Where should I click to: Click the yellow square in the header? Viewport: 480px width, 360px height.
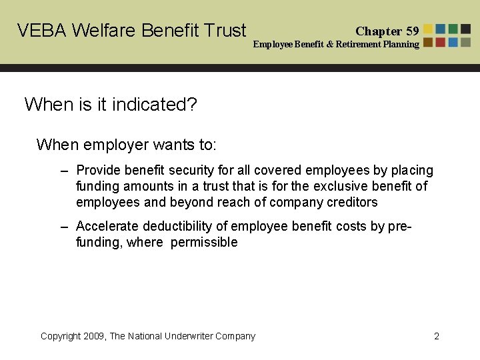click(x=429, y=29)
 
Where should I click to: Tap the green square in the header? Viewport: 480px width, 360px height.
click(x=453, y=29)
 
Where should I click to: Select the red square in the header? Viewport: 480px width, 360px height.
click(x=441, y=42)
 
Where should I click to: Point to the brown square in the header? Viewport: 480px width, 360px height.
click(x=429, y=42)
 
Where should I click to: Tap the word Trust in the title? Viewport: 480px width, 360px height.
click(x=223, y=31)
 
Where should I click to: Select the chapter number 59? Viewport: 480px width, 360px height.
click(x=412, y=31)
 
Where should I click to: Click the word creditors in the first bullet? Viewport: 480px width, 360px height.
click(x=352, y=202)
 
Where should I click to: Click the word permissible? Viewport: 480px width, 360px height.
click(x=204, y=242)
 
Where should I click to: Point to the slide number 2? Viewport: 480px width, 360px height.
click(x=437, y=336)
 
